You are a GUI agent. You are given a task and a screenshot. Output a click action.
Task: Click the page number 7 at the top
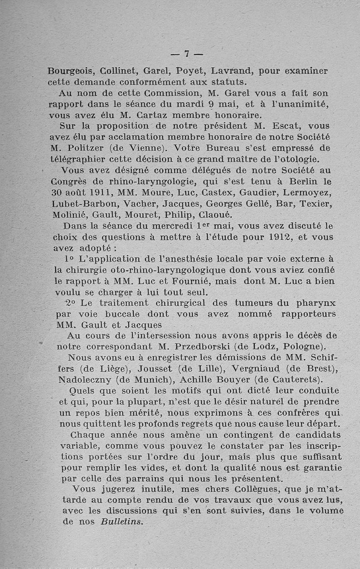(186, 54)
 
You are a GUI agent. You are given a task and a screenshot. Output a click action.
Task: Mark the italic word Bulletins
(121, 522)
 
